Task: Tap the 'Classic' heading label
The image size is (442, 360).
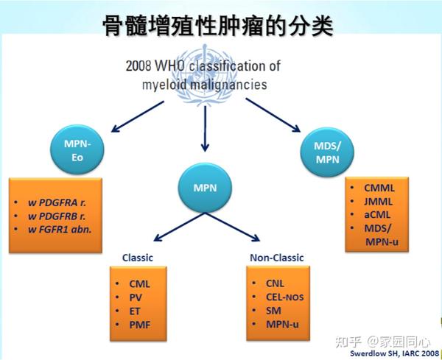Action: [x=138, y=258]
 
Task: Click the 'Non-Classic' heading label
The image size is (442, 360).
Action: [x=277, y=258]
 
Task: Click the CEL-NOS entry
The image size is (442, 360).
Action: [x=284, y=296]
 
